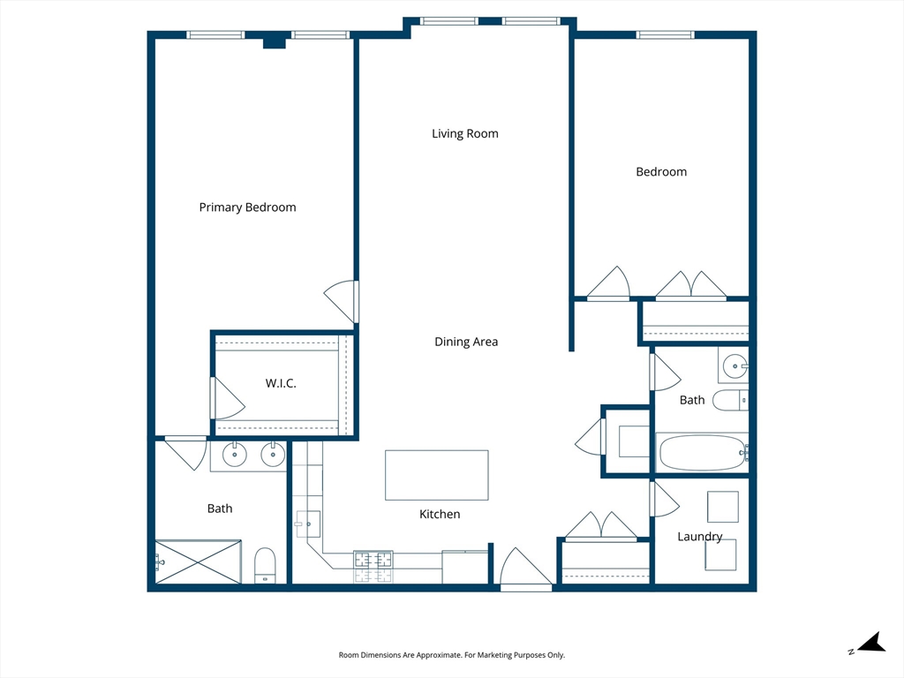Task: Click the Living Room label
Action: point(464,134)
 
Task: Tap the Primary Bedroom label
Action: point(247,207)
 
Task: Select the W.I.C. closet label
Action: point(281,383)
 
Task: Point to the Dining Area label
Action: point(466,342)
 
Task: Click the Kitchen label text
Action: point(440,515)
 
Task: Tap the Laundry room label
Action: point(699,537)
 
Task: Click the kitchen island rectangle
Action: point(436,475)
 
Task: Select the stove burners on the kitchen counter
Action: point(373,566)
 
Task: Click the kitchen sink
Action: point(308,524)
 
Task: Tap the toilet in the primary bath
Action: point(265,565)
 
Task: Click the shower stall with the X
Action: point(199,561)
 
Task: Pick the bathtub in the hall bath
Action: point(702,453)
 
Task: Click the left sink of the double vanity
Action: point(235,455)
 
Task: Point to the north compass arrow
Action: point(871,643)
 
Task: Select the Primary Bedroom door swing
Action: point(342,302)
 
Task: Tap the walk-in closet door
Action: point(228,398)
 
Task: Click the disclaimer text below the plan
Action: point(451,655)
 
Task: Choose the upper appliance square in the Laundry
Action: point(723,507)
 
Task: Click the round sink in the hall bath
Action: point(735,366)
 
